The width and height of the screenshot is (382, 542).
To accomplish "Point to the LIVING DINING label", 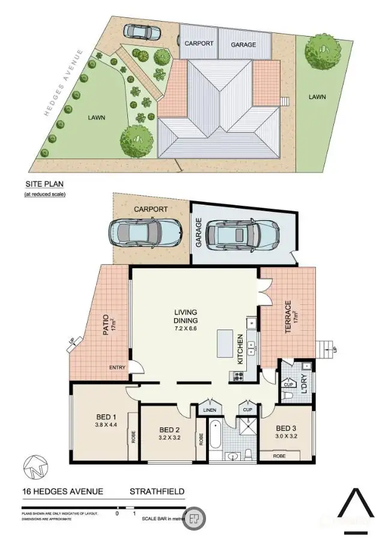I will (x=186, y=317).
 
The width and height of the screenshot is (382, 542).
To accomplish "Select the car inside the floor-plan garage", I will (x=241, y=233).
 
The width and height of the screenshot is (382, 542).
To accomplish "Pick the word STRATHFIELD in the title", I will (x=157, y=492).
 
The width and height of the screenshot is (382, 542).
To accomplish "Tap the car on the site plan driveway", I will (x=141, y=31).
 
